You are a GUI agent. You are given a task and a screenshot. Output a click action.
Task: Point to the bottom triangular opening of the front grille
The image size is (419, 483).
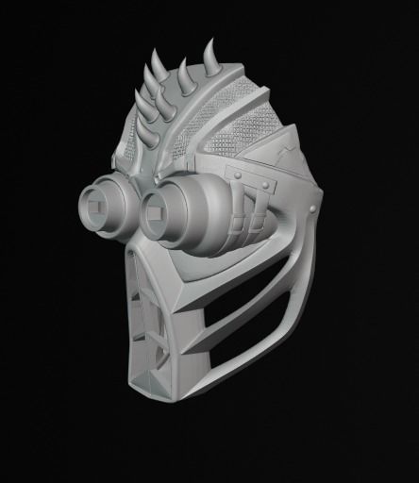(151, 363)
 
